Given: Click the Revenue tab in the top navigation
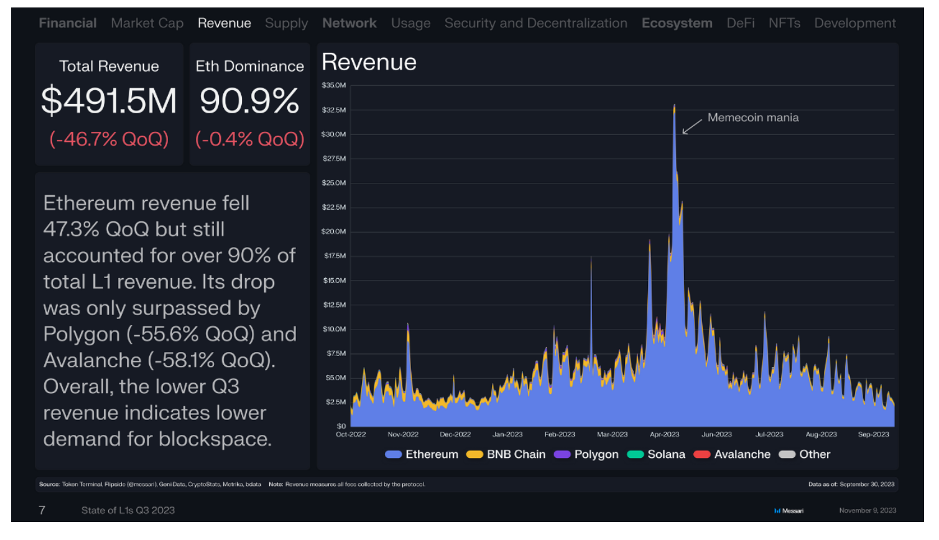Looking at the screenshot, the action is click(224, 23).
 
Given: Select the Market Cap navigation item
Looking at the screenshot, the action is click(147, 24).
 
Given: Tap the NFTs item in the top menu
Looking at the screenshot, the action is click(784, 23).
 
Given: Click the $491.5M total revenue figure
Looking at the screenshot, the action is click(109, 101).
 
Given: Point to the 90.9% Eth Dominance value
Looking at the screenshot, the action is click(249, 101).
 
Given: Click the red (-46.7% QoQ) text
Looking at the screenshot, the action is click(109, 139).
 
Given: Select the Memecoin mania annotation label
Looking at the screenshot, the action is click(753, 118).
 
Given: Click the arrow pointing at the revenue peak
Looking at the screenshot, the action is click(692, 127).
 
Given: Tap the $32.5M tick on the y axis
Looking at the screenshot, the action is click(334, 110).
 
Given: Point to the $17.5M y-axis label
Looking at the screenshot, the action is click(335, 256).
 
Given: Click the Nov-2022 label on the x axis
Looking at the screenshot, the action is click(403, 434).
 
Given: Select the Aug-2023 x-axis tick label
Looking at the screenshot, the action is click(821, 434).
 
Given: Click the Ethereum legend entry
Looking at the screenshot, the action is click(421, 455).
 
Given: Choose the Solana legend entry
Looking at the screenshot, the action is click(656, 455).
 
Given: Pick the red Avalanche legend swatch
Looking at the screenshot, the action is click(701, 455).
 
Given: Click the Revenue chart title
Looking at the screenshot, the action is click(369, 62).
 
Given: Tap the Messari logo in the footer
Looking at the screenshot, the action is click(789, 511).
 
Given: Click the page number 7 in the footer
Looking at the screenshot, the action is click(42, 510).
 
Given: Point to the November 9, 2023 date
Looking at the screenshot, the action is click(867, 510).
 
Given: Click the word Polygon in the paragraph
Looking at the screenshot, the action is click(81, 334).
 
